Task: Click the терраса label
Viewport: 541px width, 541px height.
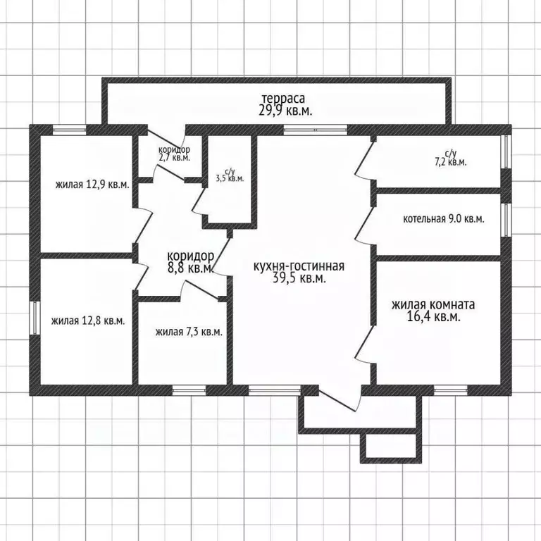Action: pyautogui.click(x=283, y=99)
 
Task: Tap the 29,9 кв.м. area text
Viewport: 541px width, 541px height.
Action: pyautogui.click(x=285, y=111)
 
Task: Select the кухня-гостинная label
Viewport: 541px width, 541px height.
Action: pyautogui.click(x=299, y=266)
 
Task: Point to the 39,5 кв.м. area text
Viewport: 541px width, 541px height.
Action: pyautogui.click(x=299, y=278)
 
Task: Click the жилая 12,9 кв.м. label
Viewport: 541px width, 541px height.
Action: pyautogui.click(x=92, y=185)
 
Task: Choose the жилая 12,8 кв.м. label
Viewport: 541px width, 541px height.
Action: pyautogui.click(x=88, y=321)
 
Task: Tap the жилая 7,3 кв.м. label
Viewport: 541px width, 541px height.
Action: pyautogui.click(x=189, y=332)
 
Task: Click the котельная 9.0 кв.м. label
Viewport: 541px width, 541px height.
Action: pyautogui.click(x=444, y=219)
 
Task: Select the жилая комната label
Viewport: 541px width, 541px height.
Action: pyautogui.click(x=433, y=304)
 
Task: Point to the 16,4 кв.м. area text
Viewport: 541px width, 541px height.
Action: pyautogui.click(x=434, y=317)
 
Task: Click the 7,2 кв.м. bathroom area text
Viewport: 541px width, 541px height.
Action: pyautogui.click(x=451, y=162)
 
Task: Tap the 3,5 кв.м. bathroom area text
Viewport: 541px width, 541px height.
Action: pyautogui.click(x=230, y=178)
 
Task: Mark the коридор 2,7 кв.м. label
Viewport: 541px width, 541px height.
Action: pyautogui.click(x=174, y=154)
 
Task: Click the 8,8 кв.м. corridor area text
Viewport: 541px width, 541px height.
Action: pyautogui.click(x=189, y=268)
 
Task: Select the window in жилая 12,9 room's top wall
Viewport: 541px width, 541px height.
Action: pyautogui.click(x=69, y=130)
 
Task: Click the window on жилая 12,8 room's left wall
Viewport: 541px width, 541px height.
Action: pyautogui.click(x=34, y=318)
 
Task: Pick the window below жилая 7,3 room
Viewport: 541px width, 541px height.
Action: pyautogui.click(x=189, y=390)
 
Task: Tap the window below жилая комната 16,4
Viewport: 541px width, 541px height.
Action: pyautogui.click(x=451, y=390)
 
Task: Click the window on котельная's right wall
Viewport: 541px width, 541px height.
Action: pyautogui.click(x=506, y=220)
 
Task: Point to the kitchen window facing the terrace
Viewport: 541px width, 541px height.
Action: pyautogui.click(x=316, y=130)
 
